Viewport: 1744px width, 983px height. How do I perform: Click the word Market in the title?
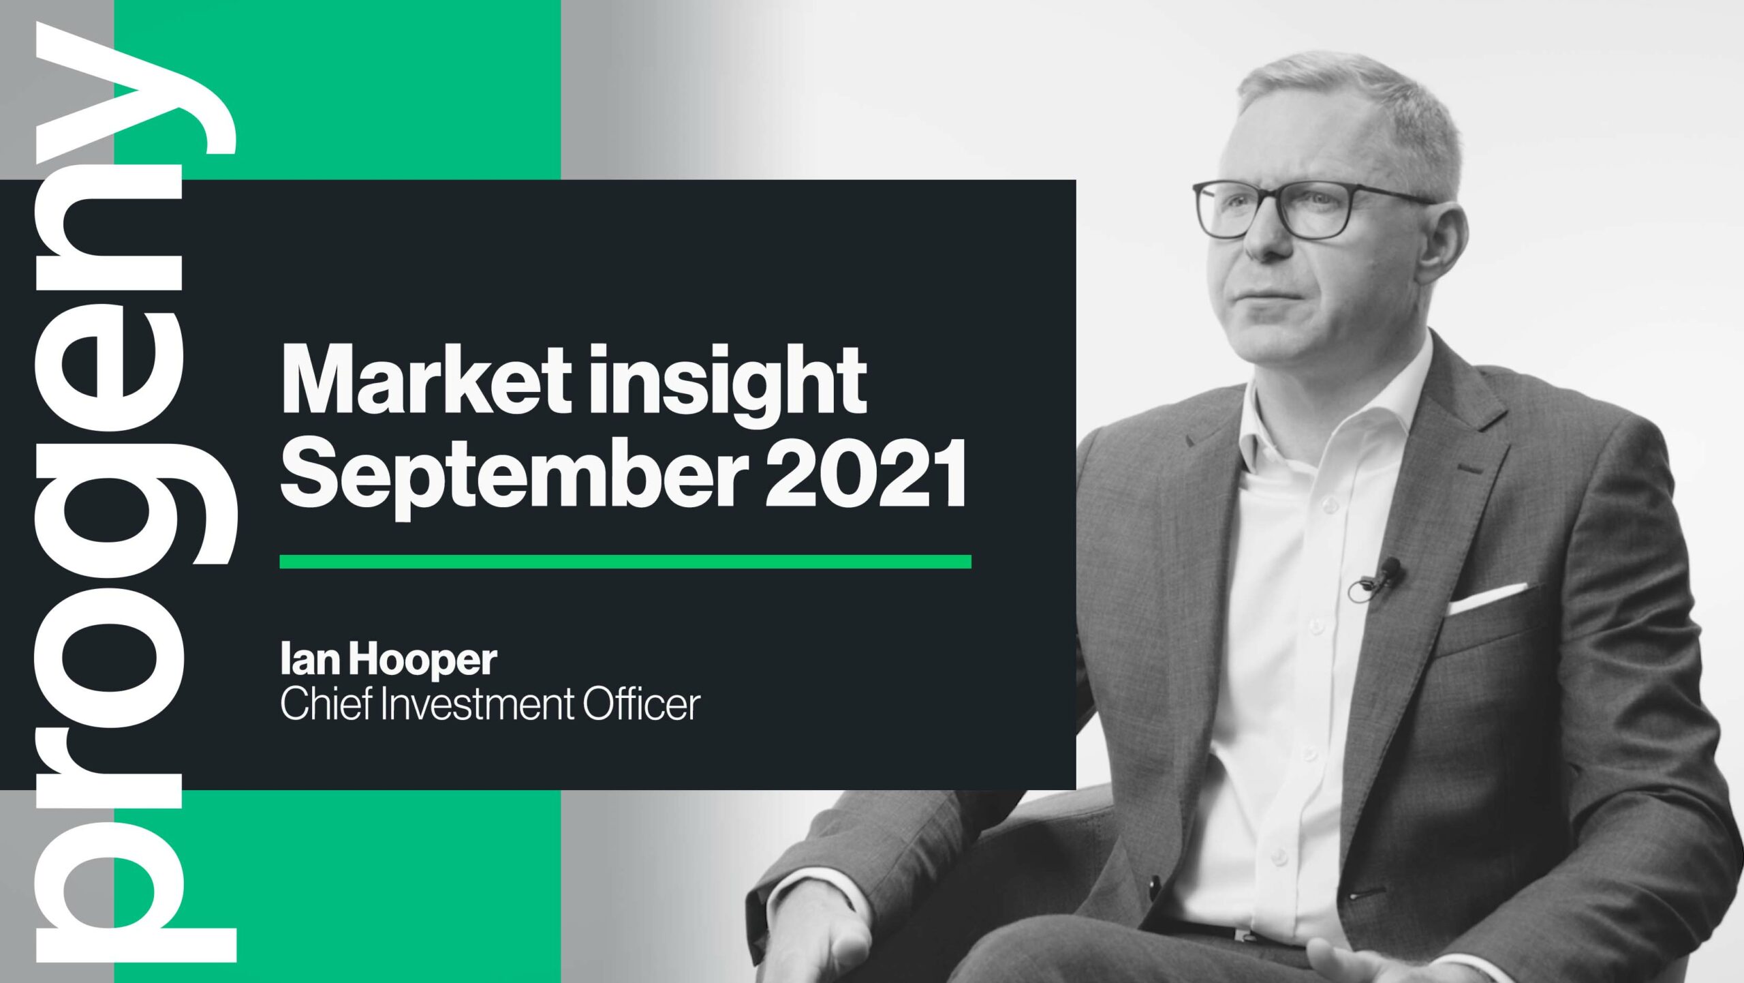(x=426, y=380)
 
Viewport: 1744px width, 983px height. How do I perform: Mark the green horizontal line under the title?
(x=625, y=562)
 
